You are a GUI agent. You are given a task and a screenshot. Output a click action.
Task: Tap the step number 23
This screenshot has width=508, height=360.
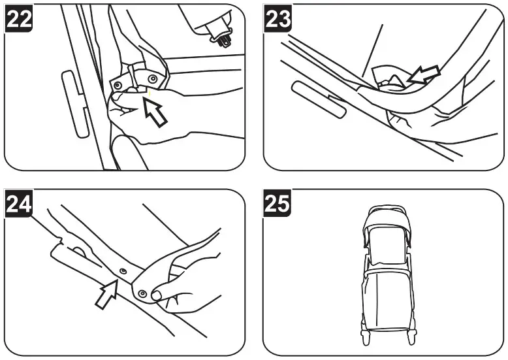279,20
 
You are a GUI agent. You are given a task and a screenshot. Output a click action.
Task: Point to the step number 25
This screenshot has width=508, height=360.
279,205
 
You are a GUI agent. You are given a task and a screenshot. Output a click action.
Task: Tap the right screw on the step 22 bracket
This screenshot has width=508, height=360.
152,78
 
